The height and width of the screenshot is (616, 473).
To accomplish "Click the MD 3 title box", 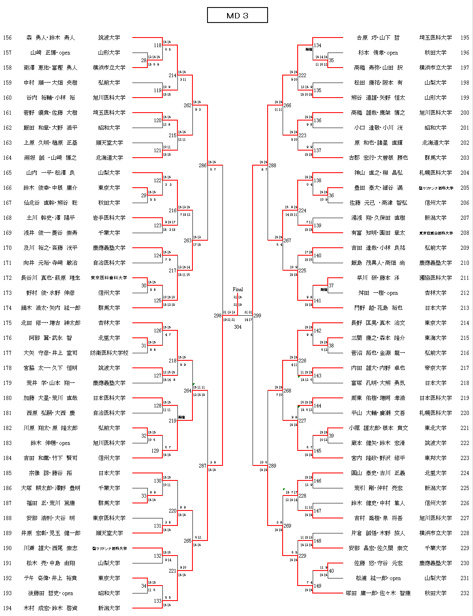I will (x=237, y=15).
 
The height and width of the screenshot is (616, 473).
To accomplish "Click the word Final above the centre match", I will (x=238, y=289).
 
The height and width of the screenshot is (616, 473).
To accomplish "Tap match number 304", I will (x=238, y=327).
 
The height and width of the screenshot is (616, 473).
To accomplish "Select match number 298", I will (x=218, y=316).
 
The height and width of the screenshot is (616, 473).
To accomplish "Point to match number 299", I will (x=257, y=316).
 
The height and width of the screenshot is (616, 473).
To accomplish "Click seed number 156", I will (x=8, y=38).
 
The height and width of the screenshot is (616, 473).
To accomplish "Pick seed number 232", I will (x=465, y=593).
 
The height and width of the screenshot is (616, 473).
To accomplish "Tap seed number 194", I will (x=8, y=608).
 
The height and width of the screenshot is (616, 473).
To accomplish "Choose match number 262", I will (x=187, y=106).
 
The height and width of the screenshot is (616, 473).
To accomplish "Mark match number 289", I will (x=272, y=466).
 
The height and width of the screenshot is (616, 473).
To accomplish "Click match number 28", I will (x=144, y=60).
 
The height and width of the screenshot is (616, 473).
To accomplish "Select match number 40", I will (x=331, y=571).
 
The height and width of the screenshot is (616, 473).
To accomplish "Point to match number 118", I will (x=157, y=45).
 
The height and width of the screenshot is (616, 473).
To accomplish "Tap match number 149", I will (x=317, y=586).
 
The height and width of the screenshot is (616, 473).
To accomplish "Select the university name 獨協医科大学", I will (x=435, y=278).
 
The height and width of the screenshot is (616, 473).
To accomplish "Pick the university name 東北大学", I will (x=435, y=428).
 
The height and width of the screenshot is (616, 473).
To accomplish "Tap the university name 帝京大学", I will (x=435, y=368).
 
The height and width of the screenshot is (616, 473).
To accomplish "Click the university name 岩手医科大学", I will (x=109, y=218).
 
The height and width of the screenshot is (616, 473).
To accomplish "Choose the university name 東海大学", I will (x=435, y=338).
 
